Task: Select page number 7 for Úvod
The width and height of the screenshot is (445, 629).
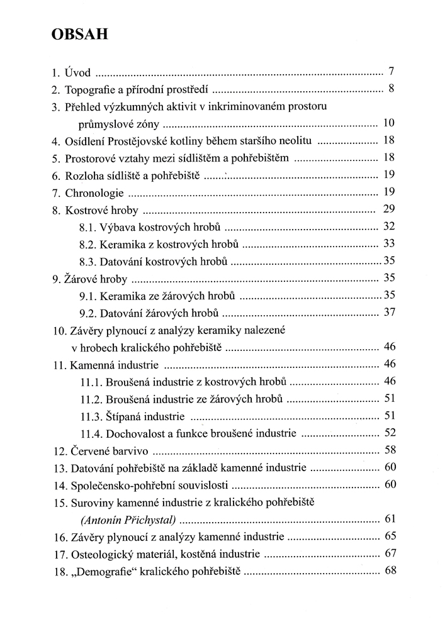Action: (391, 70)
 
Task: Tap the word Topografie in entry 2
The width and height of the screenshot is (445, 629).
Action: (88, 89)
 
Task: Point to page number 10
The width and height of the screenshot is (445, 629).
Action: (388, 122)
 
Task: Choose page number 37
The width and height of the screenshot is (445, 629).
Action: (388, 313)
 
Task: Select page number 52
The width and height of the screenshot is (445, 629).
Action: (388, 432)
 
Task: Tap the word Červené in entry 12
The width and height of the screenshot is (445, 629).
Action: (89, 450)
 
